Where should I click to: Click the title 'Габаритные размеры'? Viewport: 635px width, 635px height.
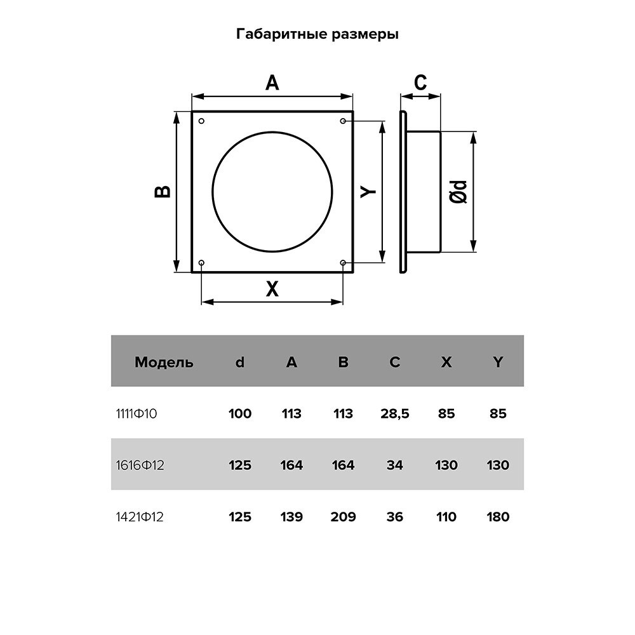317,34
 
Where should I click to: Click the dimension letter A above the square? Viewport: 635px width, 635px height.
272,83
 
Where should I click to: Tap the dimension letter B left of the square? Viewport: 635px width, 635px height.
163,192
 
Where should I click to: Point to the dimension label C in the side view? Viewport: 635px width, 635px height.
420,83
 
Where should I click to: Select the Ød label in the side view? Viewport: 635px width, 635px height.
458,192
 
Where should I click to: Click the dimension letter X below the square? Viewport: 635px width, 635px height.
272,289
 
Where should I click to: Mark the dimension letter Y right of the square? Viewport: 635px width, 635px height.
368,192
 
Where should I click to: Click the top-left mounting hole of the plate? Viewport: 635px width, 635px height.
202,121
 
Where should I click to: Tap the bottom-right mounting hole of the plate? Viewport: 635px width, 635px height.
343,263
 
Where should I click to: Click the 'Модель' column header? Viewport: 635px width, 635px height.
164,362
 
